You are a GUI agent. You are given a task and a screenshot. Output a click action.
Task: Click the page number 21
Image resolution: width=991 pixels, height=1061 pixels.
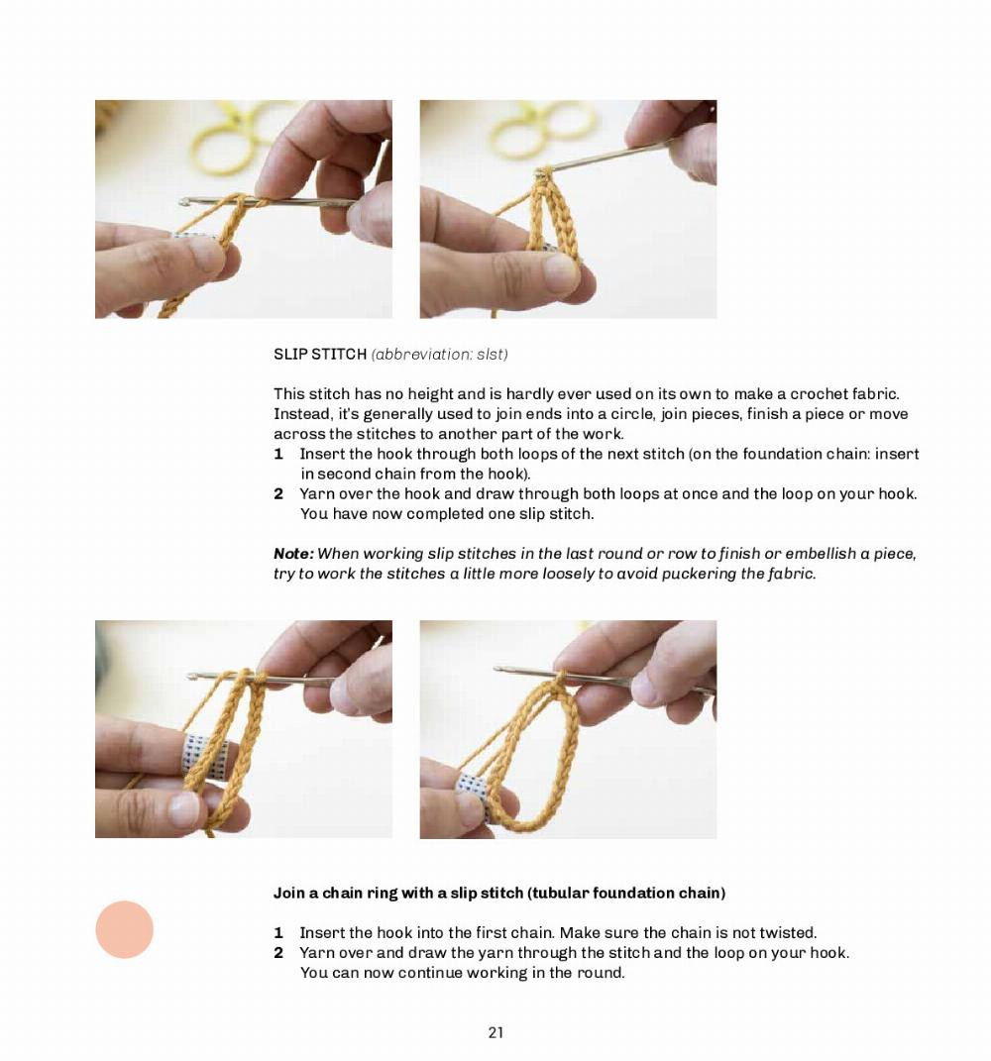coord(495,1032)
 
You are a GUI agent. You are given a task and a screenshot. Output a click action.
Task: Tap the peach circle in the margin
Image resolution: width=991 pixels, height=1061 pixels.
coord(124,929)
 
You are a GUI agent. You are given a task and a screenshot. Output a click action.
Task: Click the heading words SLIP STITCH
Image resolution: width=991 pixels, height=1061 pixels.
coord(319,354)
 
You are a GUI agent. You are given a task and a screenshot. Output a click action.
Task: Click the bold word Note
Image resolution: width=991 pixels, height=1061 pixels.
coord(293,554)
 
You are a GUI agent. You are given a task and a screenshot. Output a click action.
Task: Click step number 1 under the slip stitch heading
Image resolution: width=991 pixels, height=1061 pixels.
coord(278,454)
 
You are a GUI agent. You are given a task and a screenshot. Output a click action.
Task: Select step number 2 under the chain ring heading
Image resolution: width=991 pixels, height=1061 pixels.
coord(278,953)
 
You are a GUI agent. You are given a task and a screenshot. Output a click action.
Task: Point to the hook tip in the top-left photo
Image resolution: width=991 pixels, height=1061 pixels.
coord(184,202)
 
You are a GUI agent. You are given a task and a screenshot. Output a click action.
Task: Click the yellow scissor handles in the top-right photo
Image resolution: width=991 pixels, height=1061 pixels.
coord(541,132)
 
